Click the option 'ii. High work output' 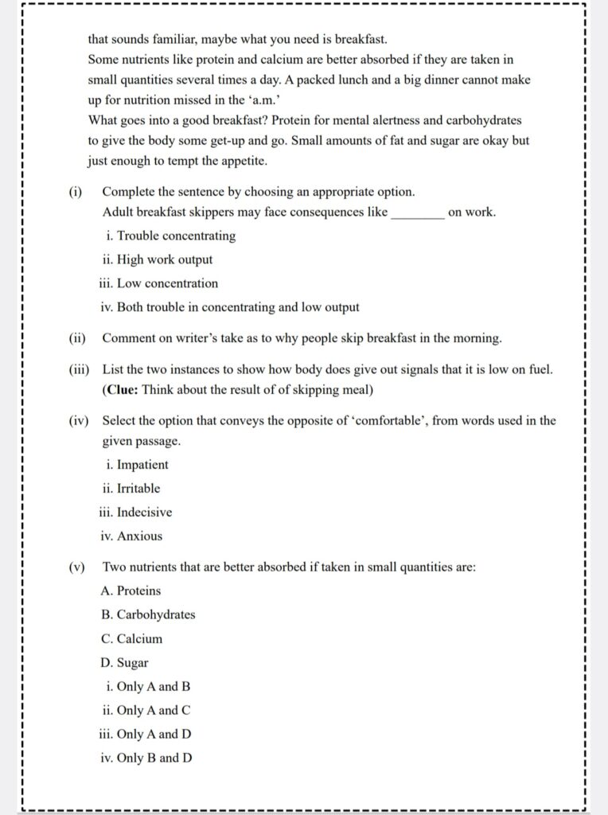157,259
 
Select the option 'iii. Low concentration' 159,283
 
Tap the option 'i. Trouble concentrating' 170,236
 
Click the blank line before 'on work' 418,213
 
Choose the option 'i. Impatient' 134,465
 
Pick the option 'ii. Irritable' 131,489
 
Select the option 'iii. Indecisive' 136,513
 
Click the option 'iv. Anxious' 131,536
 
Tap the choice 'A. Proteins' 131,591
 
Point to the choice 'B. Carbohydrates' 148,614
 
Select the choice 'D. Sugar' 124,662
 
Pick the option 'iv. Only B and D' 146,758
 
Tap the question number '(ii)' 77,338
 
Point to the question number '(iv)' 78,420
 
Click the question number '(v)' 77,567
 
